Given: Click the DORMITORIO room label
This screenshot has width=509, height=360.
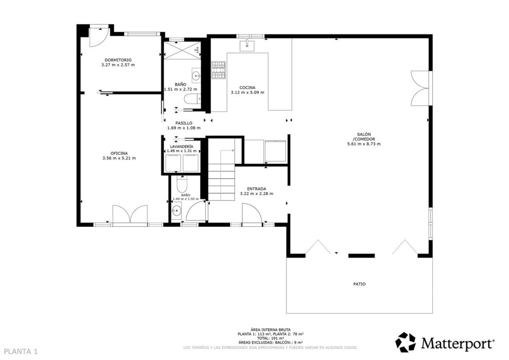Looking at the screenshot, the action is coord(118,60).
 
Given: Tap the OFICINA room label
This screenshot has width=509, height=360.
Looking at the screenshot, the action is coord(119,153).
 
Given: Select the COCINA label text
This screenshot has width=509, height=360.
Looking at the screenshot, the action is coord(248,88).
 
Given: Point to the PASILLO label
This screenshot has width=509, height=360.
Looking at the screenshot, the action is coord(184,123).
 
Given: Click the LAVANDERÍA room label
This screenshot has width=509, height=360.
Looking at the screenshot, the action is coord(181,147).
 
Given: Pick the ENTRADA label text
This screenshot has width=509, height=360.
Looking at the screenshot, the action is coord(257,189).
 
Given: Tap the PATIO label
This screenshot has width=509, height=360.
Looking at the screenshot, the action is coord(359,284).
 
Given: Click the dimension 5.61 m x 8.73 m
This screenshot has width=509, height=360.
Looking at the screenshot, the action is coord(364,144).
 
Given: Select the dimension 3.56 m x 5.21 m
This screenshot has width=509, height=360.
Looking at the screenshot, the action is coord(119,158).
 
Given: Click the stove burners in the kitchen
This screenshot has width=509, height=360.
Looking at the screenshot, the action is coord(218,71).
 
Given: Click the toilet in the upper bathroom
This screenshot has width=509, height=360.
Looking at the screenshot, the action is coord(192,99).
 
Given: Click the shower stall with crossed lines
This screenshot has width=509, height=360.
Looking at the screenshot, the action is coord(182,50).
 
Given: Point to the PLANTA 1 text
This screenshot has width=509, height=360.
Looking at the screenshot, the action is coord(21,351).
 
